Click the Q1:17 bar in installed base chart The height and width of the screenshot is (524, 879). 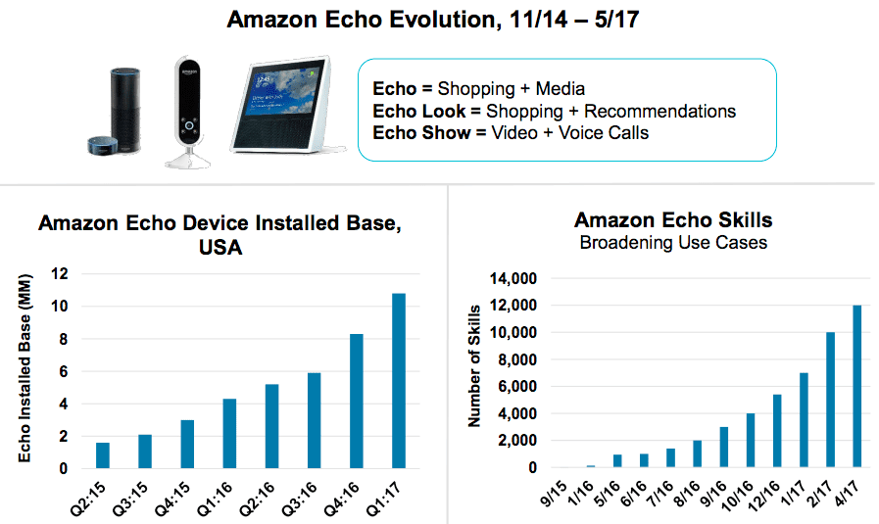(x=399, y=381)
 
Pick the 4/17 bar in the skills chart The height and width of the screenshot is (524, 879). (x=857, y=387)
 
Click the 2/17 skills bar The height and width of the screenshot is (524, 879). (x=831, y=401)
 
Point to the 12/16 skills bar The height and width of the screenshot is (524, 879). (x=776, y=431)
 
